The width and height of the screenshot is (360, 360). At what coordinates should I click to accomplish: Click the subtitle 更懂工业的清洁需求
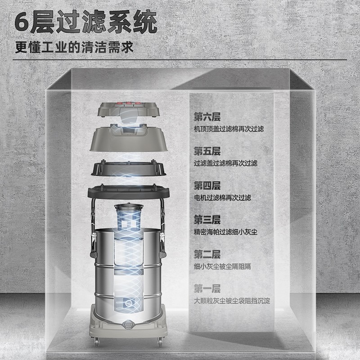tap(74, 47)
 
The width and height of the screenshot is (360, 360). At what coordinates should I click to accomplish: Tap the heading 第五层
tap(207, 151)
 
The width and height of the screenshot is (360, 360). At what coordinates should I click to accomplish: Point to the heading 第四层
tap(207, 186)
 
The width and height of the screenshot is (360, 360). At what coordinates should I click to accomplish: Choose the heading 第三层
tap(207, 220)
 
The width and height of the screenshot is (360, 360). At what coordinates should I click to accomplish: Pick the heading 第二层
tap(207, 254)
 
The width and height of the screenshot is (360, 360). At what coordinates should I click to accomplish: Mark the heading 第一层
tap(207, 288)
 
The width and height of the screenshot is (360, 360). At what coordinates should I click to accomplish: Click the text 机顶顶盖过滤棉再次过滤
tap(229, 129)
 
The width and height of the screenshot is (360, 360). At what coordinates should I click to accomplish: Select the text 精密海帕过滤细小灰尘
tap(225, 232)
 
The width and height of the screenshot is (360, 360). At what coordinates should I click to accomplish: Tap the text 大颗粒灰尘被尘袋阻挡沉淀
tap(232, 300)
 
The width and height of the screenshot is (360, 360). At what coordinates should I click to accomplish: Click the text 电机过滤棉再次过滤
tap(222, 198)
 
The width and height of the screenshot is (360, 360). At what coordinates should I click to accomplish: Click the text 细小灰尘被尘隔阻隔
tap(222, 266)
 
